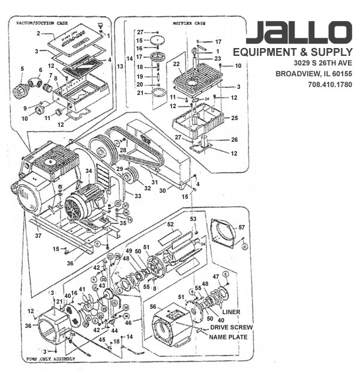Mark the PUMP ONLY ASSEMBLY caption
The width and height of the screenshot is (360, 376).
pyautogui.click(x=51, y=359)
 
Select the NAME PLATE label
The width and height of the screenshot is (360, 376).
pyautogui.click(x=228, y=337)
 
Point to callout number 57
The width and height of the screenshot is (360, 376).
pyautogui.click(x=242, y=228)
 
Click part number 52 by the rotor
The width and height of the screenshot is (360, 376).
pyautogui.click(x=170, y=224)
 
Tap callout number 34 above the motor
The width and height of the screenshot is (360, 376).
pyautogui.click(x=88, y=171)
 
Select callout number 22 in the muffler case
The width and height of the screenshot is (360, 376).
pyautogui.click(x=176, y=64)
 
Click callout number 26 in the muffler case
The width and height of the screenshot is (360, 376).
pyautogui.click(x=234, y=140)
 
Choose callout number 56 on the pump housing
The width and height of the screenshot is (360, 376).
pyautogui.click(x=154, y=306)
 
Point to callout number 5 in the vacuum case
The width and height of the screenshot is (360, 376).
pyautogui.click(x=22, y=69)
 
